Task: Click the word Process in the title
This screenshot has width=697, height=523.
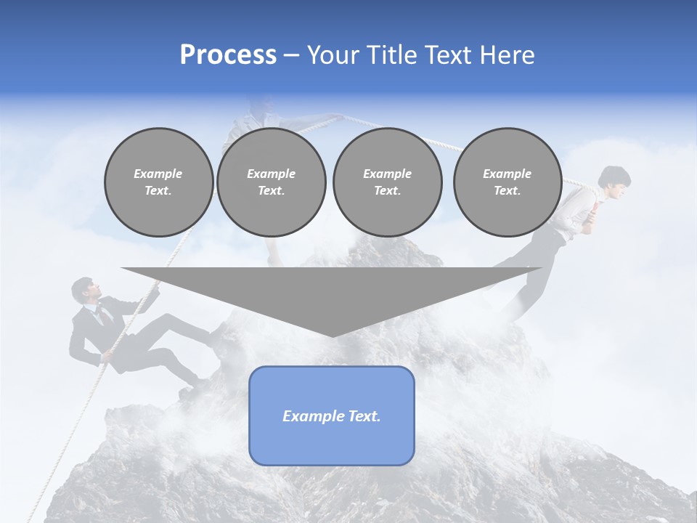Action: click(x=228, y=55)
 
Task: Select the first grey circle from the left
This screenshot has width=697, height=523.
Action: click(x=158, y=182)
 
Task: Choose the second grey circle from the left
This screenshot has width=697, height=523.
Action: click(x=272, y=182)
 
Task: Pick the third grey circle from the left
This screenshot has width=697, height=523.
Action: click(x=387, y=182)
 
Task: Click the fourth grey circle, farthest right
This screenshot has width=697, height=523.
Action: click(x=508, y=182)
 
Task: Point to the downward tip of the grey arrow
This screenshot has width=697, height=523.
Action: click(x=332, y=336)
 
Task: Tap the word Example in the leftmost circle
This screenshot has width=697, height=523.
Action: click(x=158, y=174)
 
